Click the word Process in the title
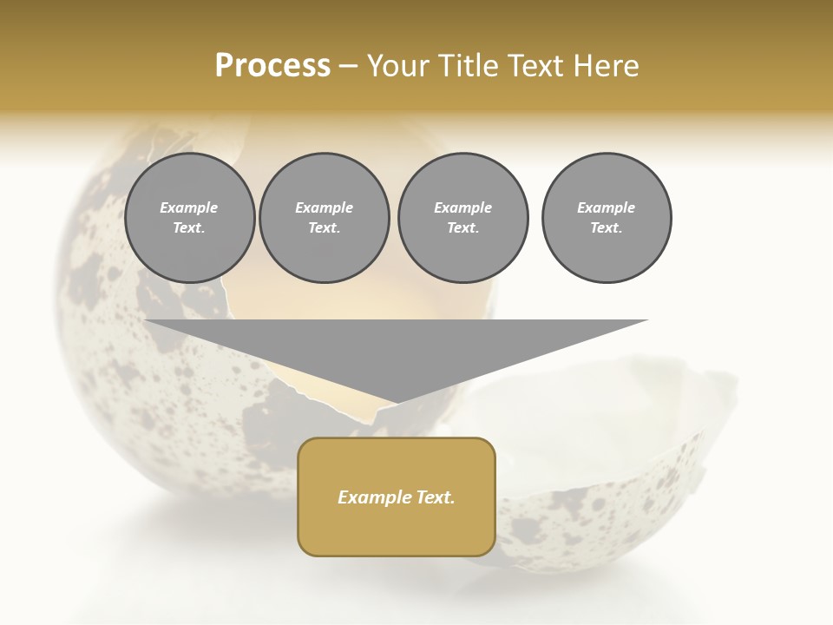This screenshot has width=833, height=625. pos(272,66)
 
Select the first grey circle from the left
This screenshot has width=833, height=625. pos(190,218)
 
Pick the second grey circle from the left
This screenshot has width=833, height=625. pos(325,218)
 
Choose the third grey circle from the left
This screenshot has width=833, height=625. pos(462,218)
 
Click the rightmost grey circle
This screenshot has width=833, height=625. pos(607,218)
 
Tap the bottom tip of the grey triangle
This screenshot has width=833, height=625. pos(397,400)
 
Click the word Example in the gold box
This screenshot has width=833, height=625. pos(371,497)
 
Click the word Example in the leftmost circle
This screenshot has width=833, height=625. pos(189,207)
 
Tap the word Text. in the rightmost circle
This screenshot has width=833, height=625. pos(607,228)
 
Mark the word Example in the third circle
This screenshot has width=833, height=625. pos(462,207)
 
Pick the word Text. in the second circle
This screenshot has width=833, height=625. pos(325,228)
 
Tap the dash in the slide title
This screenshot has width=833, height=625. pos(349,66)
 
